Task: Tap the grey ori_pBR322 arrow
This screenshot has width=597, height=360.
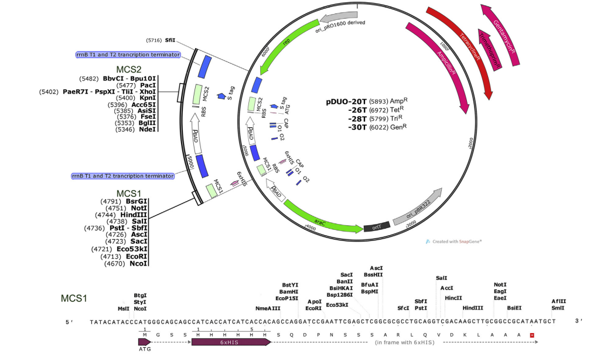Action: tap(417, 208)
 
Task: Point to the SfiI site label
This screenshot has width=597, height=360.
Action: tap(170, 40)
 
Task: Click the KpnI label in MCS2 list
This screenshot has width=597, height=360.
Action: tap(149, 98)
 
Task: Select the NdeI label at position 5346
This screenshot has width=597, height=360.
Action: tap(148, 130)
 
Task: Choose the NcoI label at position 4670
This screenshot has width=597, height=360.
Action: tap(139, 263)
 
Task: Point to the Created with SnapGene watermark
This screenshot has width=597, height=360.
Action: tap(453, 241)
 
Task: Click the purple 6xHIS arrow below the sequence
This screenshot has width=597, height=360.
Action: tap(231, 341)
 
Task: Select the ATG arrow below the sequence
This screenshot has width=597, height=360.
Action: tap(144, 341)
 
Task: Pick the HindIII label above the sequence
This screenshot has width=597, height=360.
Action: tap(473, 308)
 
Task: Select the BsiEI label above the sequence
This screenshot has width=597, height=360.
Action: tap(514, 308)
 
